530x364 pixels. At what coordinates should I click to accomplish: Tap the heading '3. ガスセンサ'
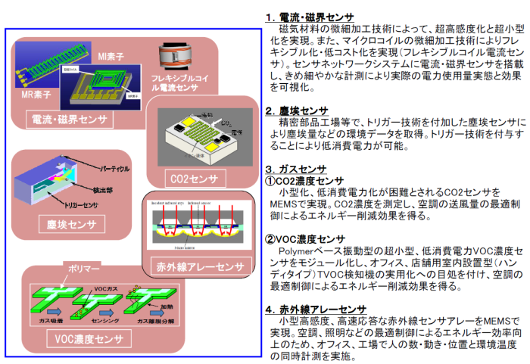coord(295,169)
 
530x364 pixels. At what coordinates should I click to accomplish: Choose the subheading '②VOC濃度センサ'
coord(307,239)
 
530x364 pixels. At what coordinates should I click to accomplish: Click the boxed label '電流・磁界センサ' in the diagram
coord(70,120)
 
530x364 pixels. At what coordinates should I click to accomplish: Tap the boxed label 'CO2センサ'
coord(194,179)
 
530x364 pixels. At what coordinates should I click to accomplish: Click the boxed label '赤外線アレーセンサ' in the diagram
coord(198,266)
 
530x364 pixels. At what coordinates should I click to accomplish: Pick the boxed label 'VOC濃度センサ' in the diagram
coord(89,338)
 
